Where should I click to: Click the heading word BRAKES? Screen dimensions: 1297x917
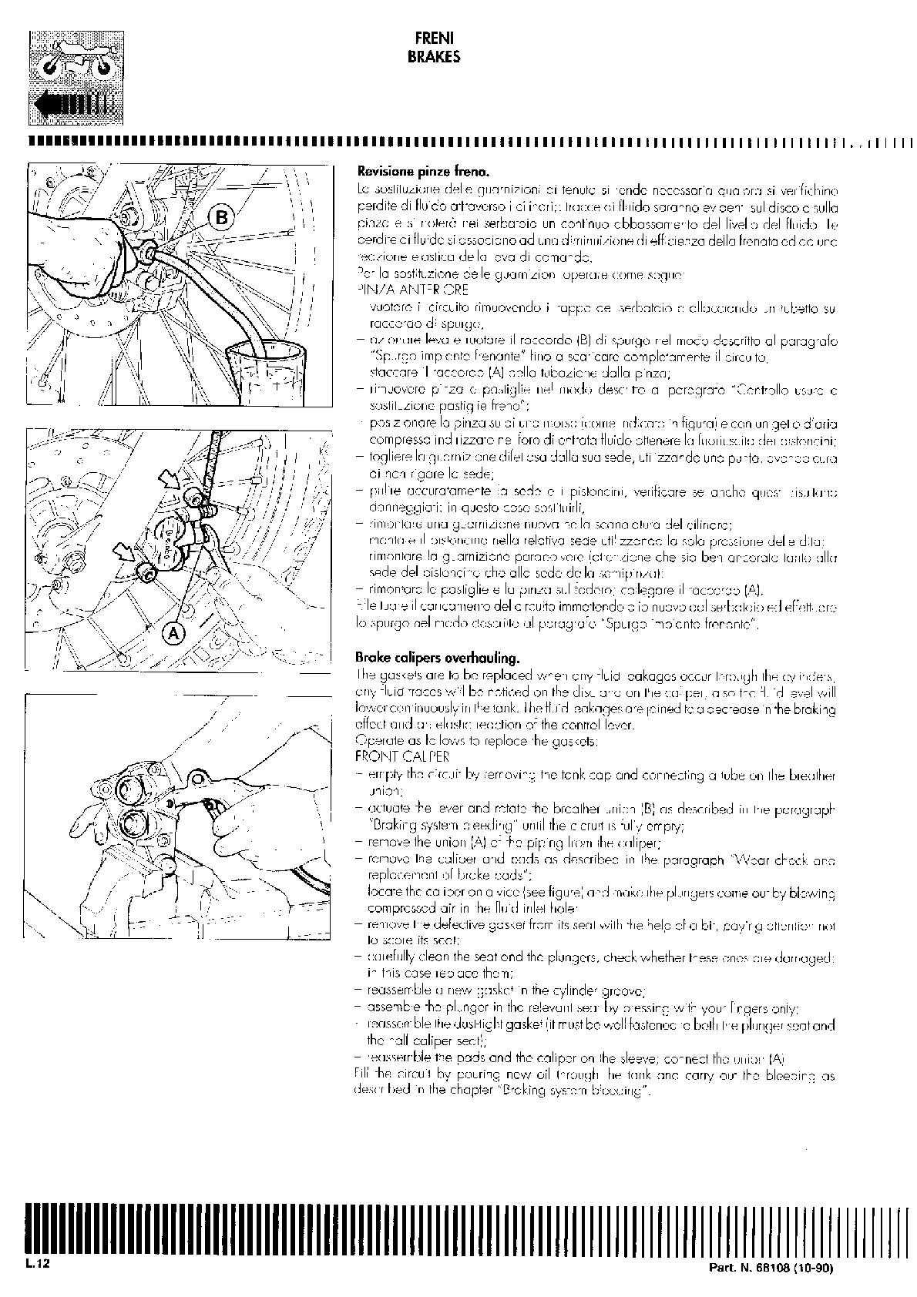(x=433, y=56)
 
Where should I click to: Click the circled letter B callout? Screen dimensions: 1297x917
(x=221, y=218)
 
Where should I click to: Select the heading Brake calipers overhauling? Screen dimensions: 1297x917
(x=437, y=658)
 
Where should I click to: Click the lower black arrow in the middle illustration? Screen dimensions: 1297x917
(x=123, y=551)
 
